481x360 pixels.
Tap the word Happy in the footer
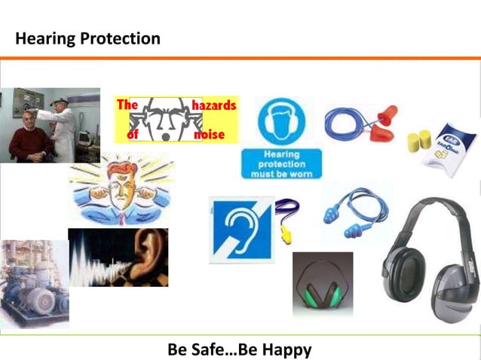[286, 349]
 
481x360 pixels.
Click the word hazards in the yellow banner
[214, 106]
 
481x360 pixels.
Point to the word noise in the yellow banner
[210, 135]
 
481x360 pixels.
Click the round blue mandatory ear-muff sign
[280, 123]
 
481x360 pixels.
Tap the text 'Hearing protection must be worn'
[280, 163]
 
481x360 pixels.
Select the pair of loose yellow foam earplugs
[418, 140]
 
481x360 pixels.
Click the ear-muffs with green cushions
[323, 287]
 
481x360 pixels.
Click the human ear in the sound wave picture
[149, 255]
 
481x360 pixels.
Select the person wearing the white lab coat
[65, 124]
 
